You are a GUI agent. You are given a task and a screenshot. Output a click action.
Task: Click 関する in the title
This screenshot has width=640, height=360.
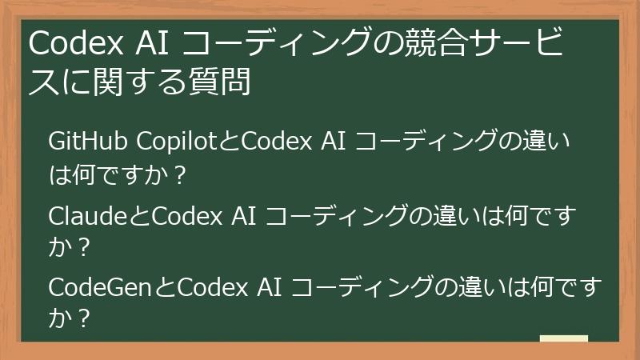142,82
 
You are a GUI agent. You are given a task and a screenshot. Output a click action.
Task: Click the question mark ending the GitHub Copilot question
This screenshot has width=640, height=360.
178,174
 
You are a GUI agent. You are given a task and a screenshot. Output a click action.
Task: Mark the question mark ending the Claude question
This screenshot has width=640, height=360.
82,247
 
